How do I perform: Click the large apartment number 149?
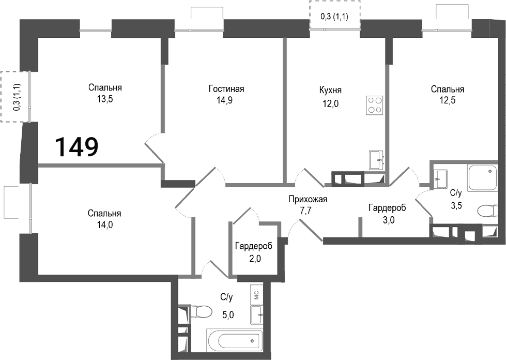76,147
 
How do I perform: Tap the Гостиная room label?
226,89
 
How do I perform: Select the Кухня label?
330,90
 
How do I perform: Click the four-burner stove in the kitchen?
375,105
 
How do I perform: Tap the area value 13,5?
105,99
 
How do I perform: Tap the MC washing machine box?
256,295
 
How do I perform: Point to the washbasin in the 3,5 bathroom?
441,179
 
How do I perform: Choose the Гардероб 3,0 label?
387,208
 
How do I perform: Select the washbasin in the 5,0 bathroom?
257,314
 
